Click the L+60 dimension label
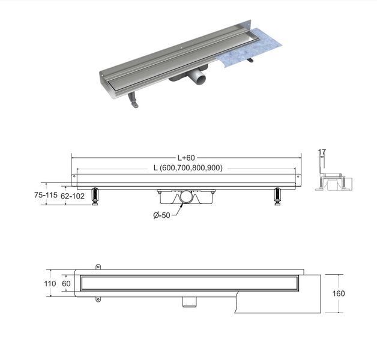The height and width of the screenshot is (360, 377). click(186, 158)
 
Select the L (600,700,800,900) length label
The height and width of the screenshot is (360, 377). click(188, 168)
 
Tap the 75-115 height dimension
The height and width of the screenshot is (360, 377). click(46, 195)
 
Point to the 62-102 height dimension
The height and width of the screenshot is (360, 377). click(73, 196)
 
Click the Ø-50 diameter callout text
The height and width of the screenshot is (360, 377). click(162, 215)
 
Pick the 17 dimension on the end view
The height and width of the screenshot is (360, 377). click(322, 152)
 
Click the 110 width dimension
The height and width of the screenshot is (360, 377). click(50, 284)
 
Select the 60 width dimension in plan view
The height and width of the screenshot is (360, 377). click(66, 284)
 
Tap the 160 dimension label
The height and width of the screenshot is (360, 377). click(339, 293)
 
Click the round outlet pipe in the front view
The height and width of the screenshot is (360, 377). click(186, 197)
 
